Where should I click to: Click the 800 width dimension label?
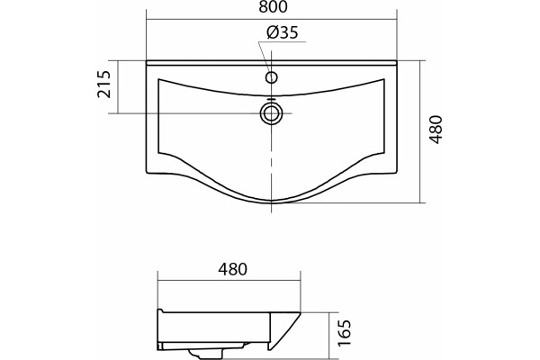[x=273, y=7]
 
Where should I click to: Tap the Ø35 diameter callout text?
[x=282, y=32]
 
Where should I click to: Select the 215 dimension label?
[x=104, y=85]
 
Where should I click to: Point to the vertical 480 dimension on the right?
[x=436, y=130]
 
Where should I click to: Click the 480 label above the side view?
[x=232, y=269]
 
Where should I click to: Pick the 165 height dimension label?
[x=344, y=333]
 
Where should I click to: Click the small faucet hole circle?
[x=272, y=77]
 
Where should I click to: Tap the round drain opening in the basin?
[x=272, y=113]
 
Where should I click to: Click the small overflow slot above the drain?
[x=272, y=100]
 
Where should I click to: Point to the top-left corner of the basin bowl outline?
[x=158, y=79]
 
